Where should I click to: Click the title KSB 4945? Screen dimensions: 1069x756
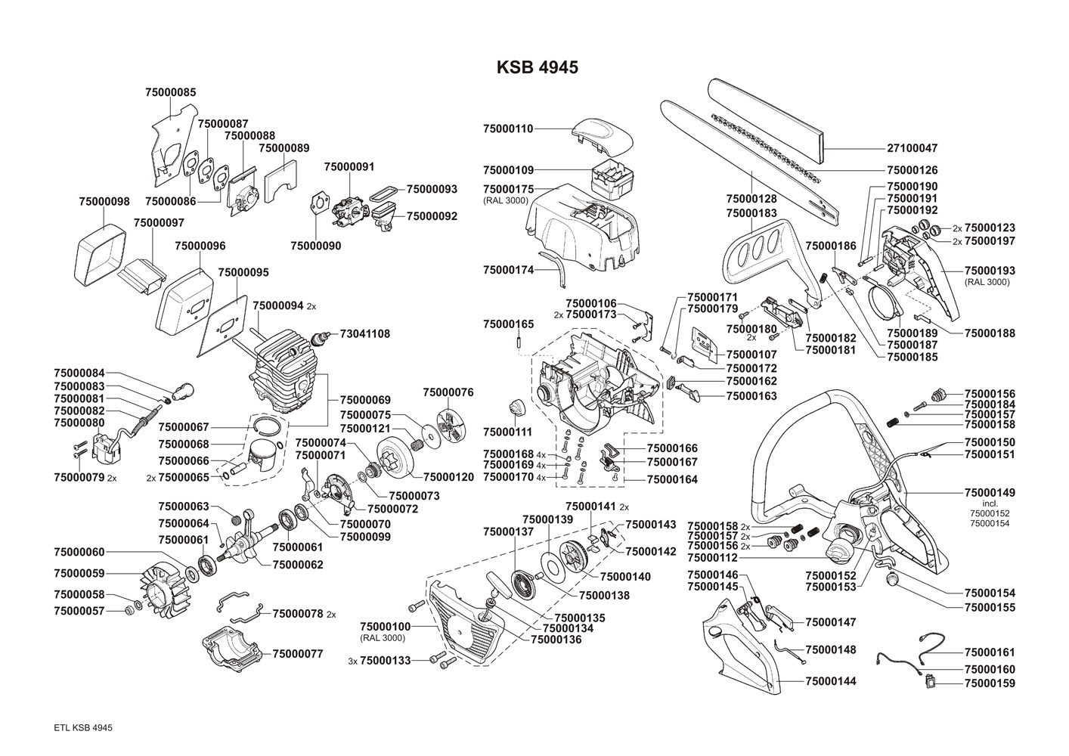pos(538,67)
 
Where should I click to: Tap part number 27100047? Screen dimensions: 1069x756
pos(912,148)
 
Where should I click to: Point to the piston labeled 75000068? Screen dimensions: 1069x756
pos(263,456)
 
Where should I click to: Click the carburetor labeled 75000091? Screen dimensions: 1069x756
pos(351,210)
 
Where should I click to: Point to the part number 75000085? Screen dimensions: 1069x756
pos(170,92)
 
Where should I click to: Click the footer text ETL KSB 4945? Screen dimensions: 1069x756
pos(83,728)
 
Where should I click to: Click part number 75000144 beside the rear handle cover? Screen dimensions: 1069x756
pos(831,681)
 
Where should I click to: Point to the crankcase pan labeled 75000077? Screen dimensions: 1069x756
pos(233,651)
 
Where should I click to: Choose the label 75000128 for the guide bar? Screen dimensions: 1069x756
pos(751,199)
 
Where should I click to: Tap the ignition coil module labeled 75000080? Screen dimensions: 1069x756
pos(108,448)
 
